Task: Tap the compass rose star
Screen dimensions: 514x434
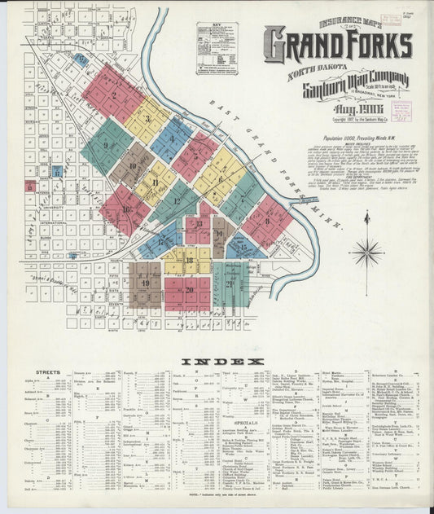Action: click(366, 252)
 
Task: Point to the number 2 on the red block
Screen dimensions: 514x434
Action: click(115, 94)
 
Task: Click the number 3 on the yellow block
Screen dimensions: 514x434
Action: click(147, 120)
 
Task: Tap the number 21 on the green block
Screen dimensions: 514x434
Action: click(230, 283)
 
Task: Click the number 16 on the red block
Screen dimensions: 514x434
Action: click(126, 209)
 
